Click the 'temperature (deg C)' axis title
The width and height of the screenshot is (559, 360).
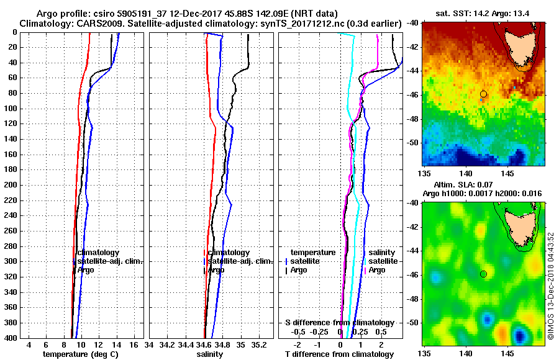pyautogui.click(x=80, y=354)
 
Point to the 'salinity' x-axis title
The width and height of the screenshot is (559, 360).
pyautogui.click(x=209, y=354)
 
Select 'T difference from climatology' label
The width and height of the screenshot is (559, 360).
pyautogui.click(x=339, y=354)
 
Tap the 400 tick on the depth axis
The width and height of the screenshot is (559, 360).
pyautogui.click(x=11, y=338)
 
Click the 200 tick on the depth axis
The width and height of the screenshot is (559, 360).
pyautogui.click(x=11, y=185)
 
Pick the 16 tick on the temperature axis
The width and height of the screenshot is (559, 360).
pyautogui.click(x=134, y=344)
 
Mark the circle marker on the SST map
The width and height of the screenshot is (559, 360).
pyautogui.click(x=483, y=94)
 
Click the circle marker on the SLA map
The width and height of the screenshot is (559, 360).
pyautogui.click(x=483, y=274)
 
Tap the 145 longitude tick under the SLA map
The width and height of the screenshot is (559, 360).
pyautogui.click(x=508, y=353)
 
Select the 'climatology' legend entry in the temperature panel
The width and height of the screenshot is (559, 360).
pyautogui.click(x=98, y=253)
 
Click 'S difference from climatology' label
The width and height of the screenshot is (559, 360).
pyautogui.click(x=339, y=323)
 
